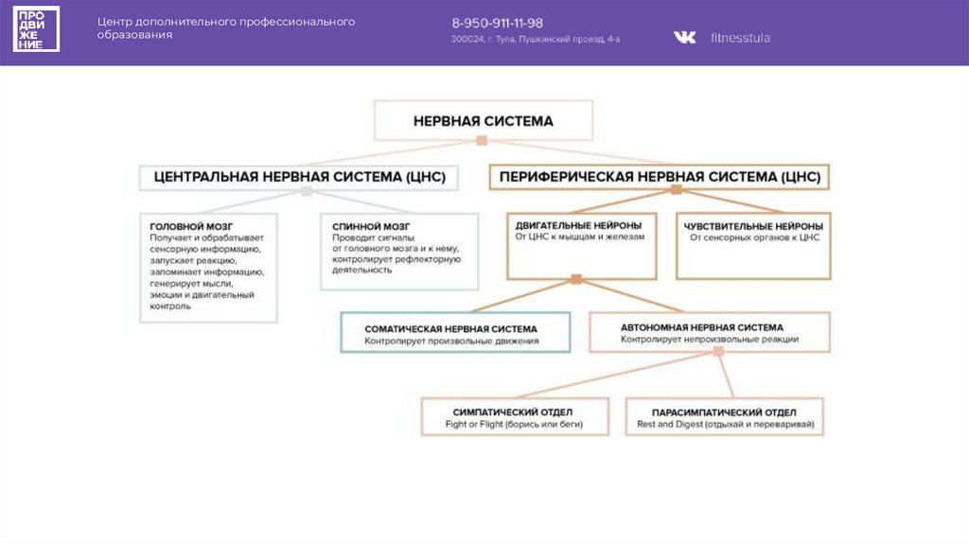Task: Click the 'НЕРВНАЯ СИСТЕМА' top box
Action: [x=483, y=121]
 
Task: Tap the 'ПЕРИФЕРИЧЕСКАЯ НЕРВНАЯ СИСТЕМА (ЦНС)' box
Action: [x=660, y=177]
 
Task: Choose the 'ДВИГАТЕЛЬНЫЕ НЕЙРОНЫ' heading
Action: [x=578, y=226]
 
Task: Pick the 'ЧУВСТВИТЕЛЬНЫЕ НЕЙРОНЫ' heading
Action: [x=753, y=226]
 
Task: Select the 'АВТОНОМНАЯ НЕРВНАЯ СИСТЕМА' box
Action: [x=710, y=332]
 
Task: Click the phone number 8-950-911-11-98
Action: [x=497, y=23]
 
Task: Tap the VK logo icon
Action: [x=684, y=38]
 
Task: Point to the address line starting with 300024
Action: [x=536, y=40]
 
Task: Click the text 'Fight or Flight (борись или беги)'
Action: [x=513, y=425]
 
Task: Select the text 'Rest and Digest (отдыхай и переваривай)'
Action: [x=724, y=425]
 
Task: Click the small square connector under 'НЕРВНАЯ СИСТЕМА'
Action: [x=482, y=140]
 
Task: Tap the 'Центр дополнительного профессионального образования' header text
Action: [x=228, y=27]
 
